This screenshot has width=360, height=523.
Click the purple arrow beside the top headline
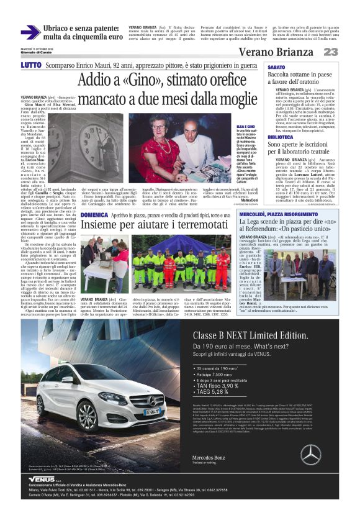[30, 32]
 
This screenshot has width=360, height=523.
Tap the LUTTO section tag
[31, 65]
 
